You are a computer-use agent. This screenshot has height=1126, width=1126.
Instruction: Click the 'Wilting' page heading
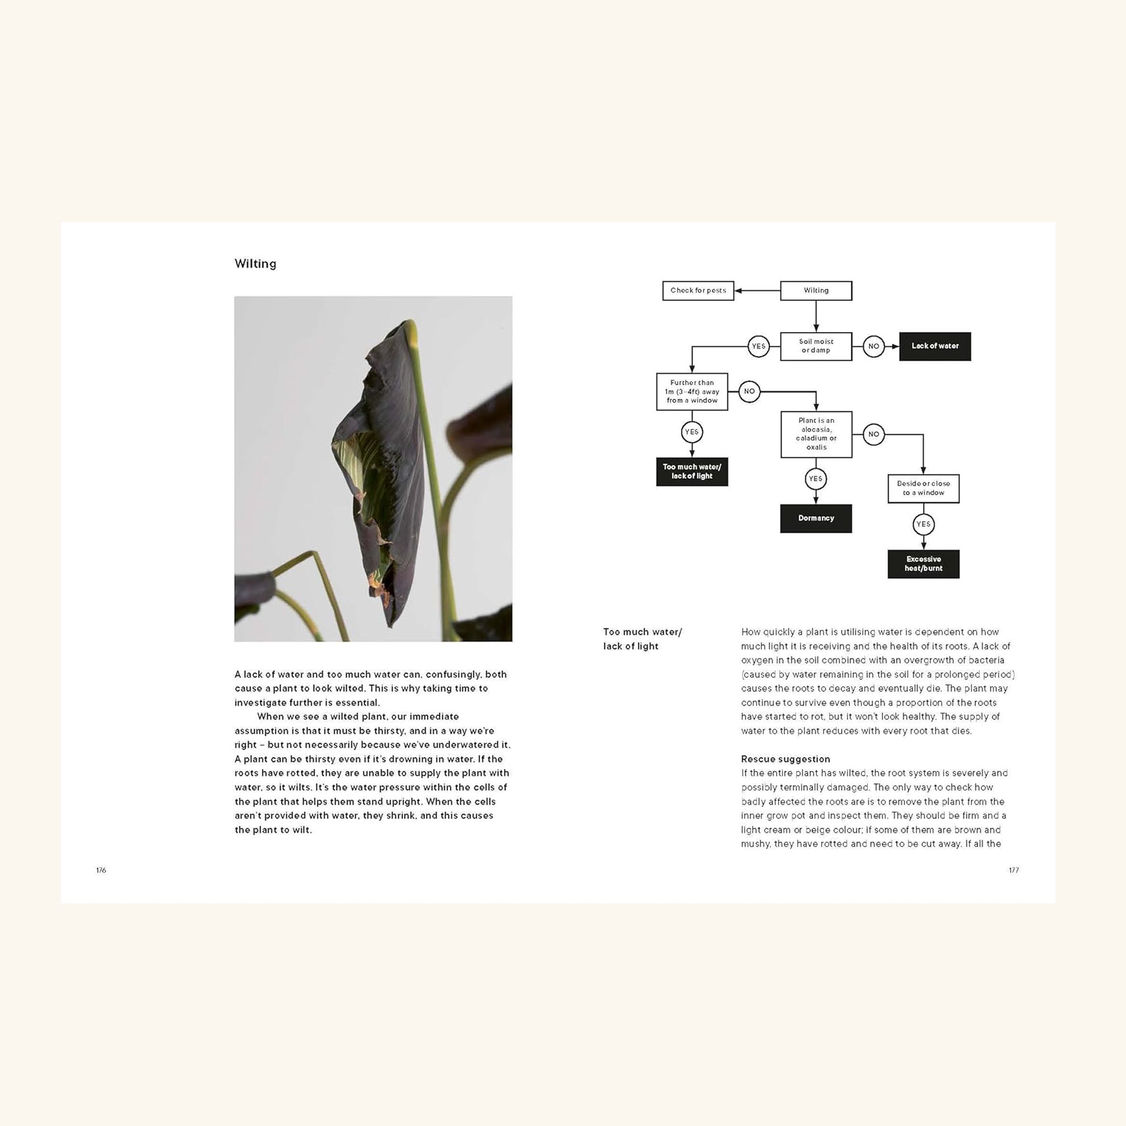255,263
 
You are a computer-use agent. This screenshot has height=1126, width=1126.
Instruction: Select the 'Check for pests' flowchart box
698,290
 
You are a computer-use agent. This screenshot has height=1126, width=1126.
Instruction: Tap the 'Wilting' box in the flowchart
815,290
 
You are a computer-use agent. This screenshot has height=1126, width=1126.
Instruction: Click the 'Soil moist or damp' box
815,346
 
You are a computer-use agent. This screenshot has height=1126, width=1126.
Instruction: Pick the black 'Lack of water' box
934,346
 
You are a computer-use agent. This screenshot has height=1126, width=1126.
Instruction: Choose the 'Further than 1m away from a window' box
691,391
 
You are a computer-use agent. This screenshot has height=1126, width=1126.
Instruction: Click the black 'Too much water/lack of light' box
691,472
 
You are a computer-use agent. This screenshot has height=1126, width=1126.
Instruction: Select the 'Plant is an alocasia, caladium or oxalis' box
815,434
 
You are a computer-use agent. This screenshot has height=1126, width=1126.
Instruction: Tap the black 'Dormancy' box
815,518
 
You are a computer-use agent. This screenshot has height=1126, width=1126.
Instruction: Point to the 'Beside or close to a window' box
923,488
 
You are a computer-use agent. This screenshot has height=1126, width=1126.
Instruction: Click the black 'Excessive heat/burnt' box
923,564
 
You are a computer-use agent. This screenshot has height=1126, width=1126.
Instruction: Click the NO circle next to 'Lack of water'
873,346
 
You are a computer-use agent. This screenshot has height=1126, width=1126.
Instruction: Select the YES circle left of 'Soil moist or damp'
758,346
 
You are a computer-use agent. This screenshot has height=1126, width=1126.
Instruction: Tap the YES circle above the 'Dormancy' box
815,479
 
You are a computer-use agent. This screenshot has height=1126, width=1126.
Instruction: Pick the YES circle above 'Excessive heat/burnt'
923,524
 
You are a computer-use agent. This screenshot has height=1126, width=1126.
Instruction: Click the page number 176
101,870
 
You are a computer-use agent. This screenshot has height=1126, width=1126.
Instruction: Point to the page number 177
1013,870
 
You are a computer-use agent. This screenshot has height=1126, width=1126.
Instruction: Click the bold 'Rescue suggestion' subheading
785,759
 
